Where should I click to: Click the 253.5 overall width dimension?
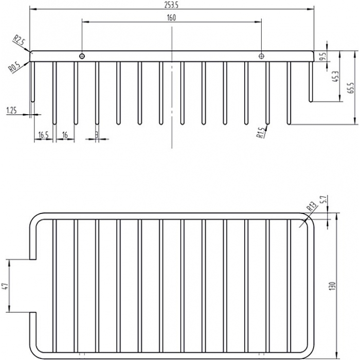pos(171,6)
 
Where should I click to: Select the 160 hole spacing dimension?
pos(171,17)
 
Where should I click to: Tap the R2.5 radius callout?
pos(20,41)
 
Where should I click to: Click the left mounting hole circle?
pos(82,56)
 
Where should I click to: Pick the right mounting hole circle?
pos(261,56)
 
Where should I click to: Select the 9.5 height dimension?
pos(323,56)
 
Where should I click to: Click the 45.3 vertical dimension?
pos(335,77)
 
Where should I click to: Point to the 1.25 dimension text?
pos(12,111)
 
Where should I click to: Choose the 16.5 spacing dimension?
pos(43,135)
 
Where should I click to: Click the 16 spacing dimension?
pos(65,135)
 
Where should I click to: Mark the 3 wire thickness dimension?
pos(97,135)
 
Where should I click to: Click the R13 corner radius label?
pos(311,206)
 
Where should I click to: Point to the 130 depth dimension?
pos(333,286)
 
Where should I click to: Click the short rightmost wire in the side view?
pos(311,82)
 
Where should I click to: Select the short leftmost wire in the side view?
pos(32,82)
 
